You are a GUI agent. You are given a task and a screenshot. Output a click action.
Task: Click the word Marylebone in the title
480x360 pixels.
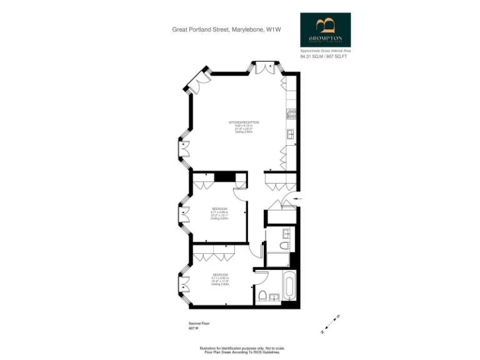click(x=247, y=29)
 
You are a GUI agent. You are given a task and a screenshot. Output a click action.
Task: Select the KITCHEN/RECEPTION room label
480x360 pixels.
click(x=243, y=122)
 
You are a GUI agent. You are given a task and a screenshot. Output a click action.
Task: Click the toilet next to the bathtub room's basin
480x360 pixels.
click(x=262, y=296)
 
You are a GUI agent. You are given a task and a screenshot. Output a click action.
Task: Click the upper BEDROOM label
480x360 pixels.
click(x=219, y=208)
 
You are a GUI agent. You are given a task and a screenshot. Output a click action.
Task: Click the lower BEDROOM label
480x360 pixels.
click(x=219, y=276)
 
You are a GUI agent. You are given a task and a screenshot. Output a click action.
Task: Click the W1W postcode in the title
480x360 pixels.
click(x=272, y=29)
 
